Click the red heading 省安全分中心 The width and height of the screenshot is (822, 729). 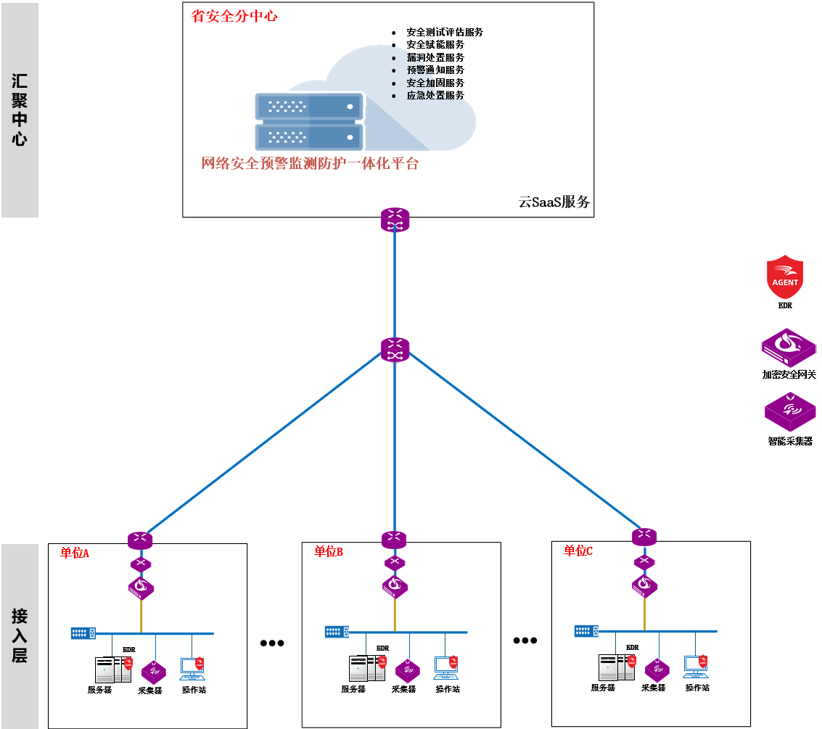click(234, 16)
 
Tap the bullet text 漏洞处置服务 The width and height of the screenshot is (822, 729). click(435, 57)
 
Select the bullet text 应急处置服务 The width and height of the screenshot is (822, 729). click(435, 95)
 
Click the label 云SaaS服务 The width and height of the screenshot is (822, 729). click(554, 202)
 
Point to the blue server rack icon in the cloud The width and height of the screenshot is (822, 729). click(308, 120)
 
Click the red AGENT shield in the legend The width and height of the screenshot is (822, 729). click(785, 277)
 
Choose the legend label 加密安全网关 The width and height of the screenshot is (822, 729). click(789, 375)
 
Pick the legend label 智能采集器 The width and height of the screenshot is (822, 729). click(790, 440)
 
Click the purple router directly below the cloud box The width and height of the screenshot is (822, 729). click(395, 219)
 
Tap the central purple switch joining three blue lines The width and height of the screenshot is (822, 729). click(395, 350)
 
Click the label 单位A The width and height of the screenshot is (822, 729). click(74, 553)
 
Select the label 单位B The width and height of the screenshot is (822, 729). click(328, 552)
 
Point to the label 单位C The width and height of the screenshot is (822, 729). click(578, 551)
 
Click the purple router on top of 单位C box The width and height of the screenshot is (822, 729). click(644, 537)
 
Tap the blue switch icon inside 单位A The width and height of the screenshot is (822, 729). click(83, 633)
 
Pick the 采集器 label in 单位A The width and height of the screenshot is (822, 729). click(149, 691)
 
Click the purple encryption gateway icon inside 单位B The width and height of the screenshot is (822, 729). click(395, 586)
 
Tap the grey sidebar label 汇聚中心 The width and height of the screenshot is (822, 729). click(20, 110)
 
